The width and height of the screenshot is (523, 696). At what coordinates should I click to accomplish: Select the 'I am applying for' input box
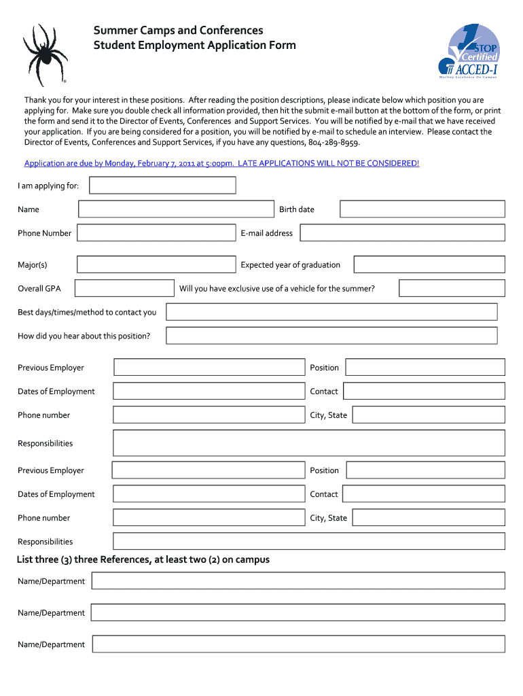click(x=163, y=186)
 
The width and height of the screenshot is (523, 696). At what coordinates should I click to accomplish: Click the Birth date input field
click(x=422, y=209)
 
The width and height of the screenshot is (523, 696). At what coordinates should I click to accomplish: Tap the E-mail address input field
click(x=402, y=233)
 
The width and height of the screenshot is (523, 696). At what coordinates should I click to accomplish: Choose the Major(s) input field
click(x=156, y=264)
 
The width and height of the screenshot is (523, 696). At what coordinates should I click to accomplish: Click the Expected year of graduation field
click(x=429, y=264)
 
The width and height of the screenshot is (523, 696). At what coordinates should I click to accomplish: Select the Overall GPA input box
click(x=124, y=288)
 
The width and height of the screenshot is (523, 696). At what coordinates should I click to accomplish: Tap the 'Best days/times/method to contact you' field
click(x=331, y=312)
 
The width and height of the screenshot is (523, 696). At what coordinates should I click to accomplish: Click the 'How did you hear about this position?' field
click(x=331, y=336)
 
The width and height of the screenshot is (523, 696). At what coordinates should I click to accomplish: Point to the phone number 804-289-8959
click(x=333, y=143)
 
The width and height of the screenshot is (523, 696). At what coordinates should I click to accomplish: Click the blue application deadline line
click(x=221, y=163)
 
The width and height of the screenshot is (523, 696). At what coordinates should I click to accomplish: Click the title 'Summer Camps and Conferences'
click(x=178, y=31)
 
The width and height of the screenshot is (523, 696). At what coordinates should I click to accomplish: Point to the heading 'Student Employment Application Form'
click(x=194, y=46)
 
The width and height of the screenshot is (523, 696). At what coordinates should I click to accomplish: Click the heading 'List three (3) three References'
click(x=143, y=559)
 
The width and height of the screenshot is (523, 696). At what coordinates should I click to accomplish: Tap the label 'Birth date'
click(x=296, y=209)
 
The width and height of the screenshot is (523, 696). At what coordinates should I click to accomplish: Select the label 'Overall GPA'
click(x=39, y=288)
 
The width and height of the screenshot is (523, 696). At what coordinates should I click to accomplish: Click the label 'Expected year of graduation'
click(x=290, y=264)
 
